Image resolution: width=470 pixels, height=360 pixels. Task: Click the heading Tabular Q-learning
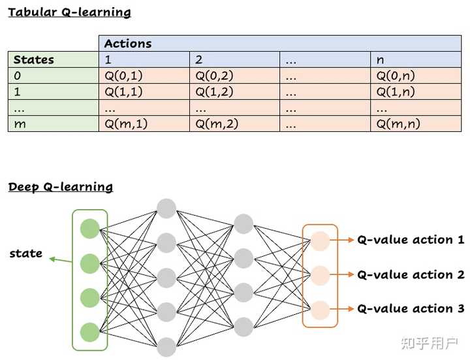tap(69, 12)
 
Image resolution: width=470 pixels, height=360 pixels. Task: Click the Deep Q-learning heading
tap(60, 187)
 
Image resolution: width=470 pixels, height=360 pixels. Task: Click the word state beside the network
tap(26, 254)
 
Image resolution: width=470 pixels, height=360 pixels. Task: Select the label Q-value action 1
tap(410, 240)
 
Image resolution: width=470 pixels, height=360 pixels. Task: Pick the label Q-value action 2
tap(410, 274)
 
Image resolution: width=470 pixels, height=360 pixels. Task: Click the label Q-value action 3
tap(410, 308)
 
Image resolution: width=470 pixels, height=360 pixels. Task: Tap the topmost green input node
tap(89, 229)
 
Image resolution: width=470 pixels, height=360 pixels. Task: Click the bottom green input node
tap(89, 331)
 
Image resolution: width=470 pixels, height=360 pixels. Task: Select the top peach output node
tap(320, 241)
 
